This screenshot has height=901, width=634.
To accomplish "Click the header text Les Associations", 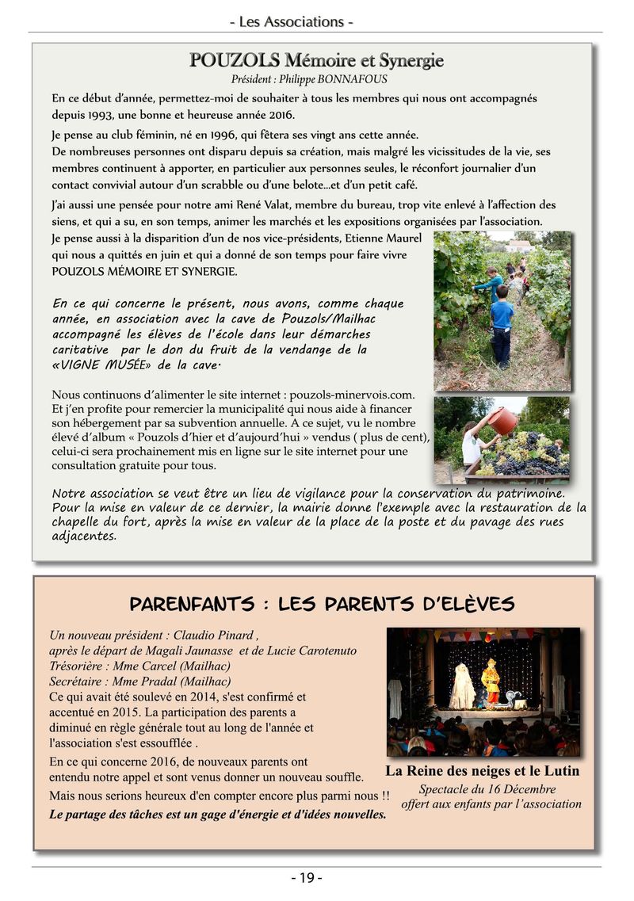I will pyautogui.click(x=292, y=22).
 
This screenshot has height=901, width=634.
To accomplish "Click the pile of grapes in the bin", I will pyautogui.click(x=527, y=456).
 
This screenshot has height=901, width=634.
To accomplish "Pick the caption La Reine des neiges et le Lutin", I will pyautogui.click(x=482, y=770).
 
